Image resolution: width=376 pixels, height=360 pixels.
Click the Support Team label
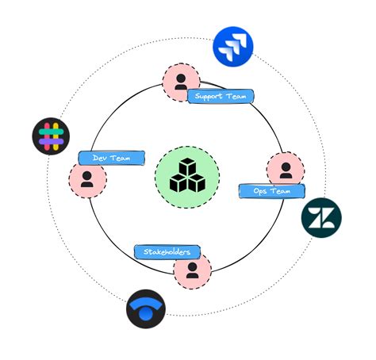[x=221, y=97]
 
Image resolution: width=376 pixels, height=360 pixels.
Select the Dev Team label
[x=111, y=158]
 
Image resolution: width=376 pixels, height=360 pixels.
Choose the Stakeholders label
[x=167, y=252]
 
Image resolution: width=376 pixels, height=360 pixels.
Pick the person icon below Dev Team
[x=87, y=179]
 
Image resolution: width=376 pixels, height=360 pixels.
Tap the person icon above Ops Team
[x=285, y=169]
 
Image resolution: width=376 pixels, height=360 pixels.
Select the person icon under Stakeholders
[x=192, y=270]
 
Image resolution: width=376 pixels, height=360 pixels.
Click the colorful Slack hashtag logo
[x=51, y=136]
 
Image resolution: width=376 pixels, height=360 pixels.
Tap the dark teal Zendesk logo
[x=321, y=216]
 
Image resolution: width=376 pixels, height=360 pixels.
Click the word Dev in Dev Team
[x=100, y=158]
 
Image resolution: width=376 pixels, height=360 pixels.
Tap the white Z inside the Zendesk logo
[x=321, y=216]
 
